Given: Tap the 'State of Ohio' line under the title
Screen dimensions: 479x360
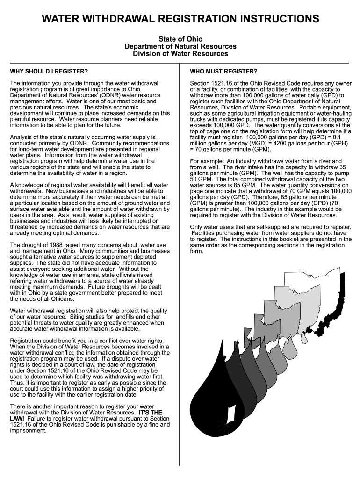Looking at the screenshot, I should click(180, 39).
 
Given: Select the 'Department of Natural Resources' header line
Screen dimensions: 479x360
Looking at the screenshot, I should click(180, 46).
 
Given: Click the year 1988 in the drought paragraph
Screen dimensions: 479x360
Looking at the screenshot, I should click(57, 245).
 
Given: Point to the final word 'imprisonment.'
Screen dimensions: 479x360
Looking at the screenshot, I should click(28, 430).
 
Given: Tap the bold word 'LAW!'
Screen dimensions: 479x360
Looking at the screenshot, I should click(17, 419).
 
